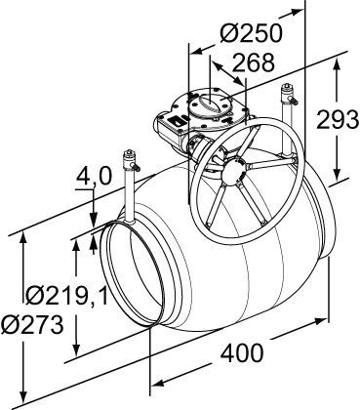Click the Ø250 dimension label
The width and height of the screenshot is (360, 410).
(x=251, y=33)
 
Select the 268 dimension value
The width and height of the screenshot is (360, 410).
(x=254, y=62)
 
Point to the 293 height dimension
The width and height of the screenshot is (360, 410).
(x=338, y=120)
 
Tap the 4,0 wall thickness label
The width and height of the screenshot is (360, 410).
(x=94, y=178)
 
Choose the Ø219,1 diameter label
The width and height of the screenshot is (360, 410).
(x=66, y=296)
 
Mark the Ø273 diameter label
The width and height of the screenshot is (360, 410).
(x=32, y=325)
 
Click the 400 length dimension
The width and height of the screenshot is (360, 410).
(x=242, y=353)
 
